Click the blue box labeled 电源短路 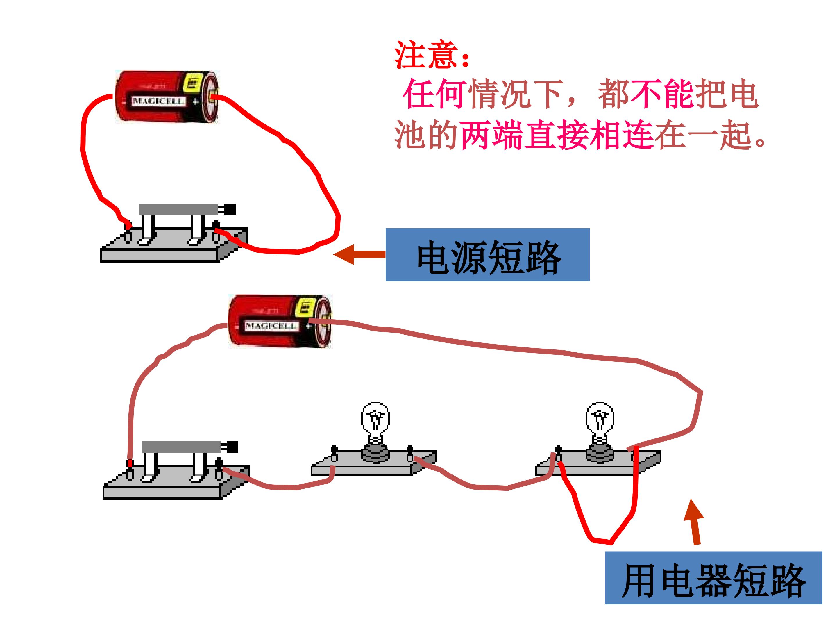[487, 255]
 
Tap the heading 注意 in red [426, 55]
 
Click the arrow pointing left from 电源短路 [359, 254]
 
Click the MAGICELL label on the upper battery [158, 101]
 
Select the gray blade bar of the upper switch [179, 209]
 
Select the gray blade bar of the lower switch [181, 447]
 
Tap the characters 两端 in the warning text [492, 135]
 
